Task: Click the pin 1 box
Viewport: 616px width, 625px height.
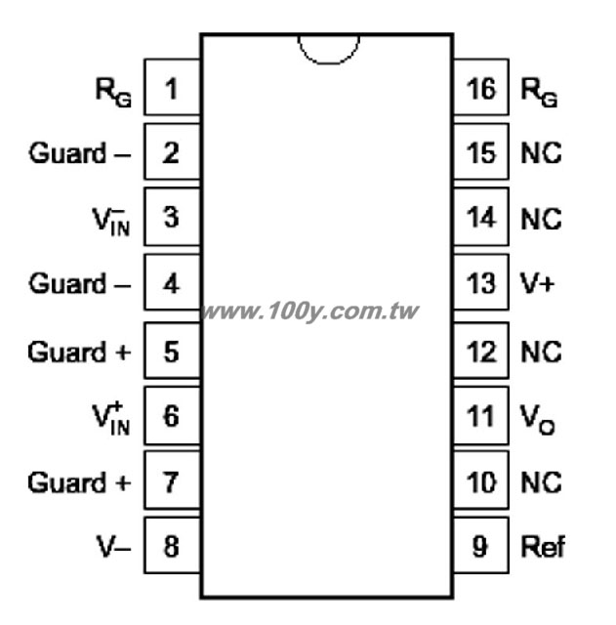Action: [172, 87]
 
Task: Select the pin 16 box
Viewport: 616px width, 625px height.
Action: [481, 87]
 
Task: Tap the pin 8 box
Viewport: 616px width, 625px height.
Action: [172, 545]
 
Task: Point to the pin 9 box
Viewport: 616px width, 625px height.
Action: [481, 545]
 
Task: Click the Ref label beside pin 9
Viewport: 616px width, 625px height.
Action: [543, 546]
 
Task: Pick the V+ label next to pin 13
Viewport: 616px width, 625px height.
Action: [538, 283]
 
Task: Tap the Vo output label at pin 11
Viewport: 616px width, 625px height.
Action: [538, 419]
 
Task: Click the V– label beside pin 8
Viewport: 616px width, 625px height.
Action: [113, 546]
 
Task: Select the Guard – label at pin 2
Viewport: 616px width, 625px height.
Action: [79, 152]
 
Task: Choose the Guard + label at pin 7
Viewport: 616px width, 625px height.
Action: [79, 482]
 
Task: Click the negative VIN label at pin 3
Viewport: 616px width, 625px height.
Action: [111, 222]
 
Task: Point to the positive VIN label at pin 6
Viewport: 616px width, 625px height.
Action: [111, 419]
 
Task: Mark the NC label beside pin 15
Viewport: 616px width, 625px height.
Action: [541, 152]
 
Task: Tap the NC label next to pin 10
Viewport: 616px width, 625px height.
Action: [541, 482]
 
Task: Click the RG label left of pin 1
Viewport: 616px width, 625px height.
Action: [113, 93]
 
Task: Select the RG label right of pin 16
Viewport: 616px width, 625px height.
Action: [539, 93]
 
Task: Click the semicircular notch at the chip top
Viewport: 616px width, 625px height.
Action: [329, 62]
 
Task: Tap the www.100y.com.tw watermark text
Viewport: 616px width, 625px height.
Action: [309, 311]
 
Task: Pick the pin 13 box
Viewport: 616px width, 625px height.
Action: [481, 282]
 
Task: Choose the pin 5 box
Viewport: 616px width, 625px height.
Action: [172, 350]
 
